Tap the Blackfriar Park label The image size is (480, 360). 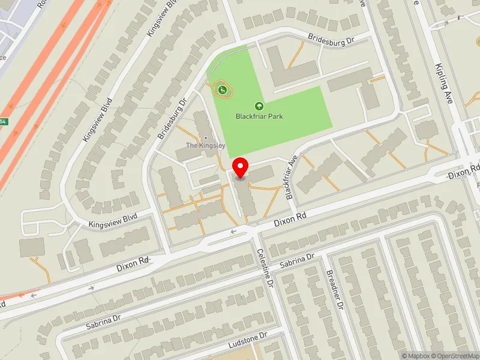(x=259, y=116)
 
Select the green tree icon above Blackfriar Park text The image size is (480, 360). (x=260, y=106)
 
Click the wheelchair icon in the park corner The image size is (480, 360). (x=223, y=90)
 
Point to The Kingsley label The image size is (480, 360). (x=205, y=145)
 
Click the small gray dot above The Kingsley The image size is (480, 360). (x=206, y=137)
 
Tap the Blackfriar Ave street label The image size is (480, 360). (x=292, y=177)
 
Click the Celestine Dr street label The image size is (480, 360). (x=265, y=268)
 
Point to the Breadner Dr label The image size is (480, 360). (x=334, y=289)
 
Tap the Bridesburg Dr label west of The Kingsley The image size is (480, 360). (x=173, y=115)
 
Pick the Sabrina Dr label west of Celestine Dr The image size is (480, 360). (x=103, y=322)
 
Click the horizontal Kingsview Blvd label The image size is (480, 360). (x=113, y=219)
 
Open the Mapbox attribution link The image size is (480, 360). (x=417, y=356)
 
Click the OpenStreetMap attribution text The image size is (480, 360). (x=457, y=356)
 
